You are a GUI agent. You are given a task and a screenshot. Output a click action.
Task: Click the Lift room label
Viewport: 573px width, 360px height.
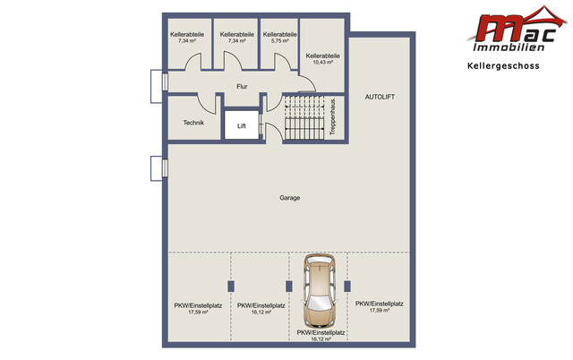click(242, 126)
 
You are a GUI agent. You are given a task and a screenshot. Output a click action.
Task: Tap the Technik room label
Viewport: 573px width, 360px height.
click(193, 123)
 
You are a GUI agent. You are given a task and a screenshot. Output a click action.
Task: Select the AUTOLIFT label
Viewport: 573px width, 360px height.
click(380, 97)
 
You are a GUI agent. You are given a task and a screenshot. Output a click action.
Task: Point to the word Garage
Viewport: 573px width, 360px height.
click(290, 198)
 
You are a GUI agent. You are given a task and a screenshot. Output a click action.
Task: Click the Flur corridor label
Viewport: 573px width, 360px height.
click(242, 87)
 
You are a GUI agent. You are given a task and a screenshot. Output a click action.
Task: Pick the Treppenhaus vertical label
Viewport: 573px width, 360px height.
click(332, 117)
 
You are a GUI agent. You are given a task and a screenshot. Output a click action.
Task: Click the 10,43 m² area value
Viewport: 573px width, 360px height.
click(323, 62)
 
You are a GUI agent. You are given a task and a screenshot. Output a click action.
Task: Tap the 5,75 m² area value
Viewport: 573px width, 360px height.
click(279, 41)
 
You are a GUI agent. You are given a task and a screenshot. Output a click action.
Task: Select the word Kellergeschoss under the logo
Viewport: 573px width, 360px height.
click(503, 65)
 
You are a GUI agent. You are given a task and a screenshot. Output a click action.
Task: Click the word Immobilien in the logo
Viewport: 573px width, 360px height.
click(509, 47)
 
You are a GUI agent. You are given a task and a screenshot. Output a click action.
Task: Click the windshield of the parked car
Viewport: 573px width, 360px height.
click(320, 302)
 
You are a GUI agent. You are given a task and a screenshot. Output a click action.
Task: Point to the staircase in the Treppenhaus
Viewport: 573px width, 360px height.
click(304, 117)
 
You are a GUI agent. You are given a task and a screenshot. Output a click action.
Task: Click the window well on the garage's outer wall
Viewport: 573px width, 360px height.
click(158, 168)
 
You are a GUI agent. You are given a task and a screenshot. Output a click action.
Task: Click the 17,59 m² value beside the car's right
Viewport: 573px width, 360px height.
click(380, 310)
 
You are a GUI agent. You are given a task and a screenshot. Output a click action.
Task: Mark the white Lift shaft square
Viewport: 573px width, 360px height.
click(242, 125)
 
